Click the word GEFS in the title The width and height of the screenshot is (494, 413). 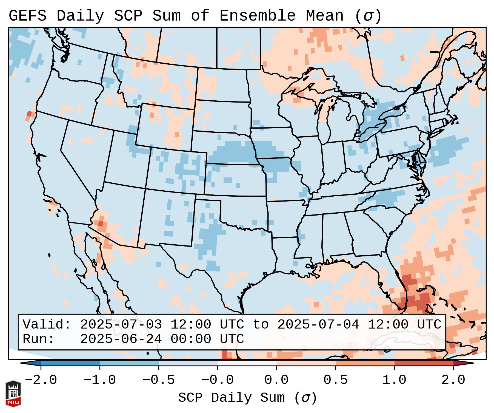(27, 16)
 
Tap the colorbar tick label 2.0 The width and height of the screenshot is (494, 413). (453, 380)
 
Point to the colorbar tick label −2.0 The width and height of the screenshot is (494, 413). (41, 380)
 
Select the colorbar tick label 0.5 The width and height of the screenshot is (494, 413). (335, 380)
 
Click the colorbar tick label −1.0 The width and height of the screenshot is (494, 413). (100, 380)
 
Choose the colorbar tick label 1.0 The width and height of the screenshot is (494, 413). (394, 380)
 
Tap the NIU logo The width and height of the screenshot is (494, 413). (13, 394)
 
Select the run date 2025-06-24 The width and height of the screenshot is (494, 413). (121, 339)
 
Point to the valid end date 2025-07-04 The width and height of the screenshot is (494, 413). (318, 324)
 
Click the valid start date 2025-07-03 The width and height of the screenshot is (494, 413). (121, 324)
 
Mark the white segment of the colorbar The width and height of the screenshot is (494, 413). (247, 363)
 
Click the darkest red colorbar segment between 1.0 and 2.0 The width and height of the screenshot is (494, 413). (424, 363)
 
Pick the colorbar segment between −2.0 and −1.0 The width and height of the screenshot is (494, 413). (70, 363)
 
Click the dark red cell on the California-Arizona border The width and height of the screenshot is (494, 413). (100, 223)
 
